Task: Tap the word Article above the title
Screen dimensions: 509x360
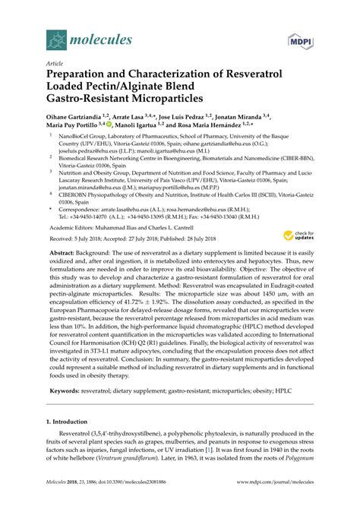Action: click(x=55, y=65)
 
